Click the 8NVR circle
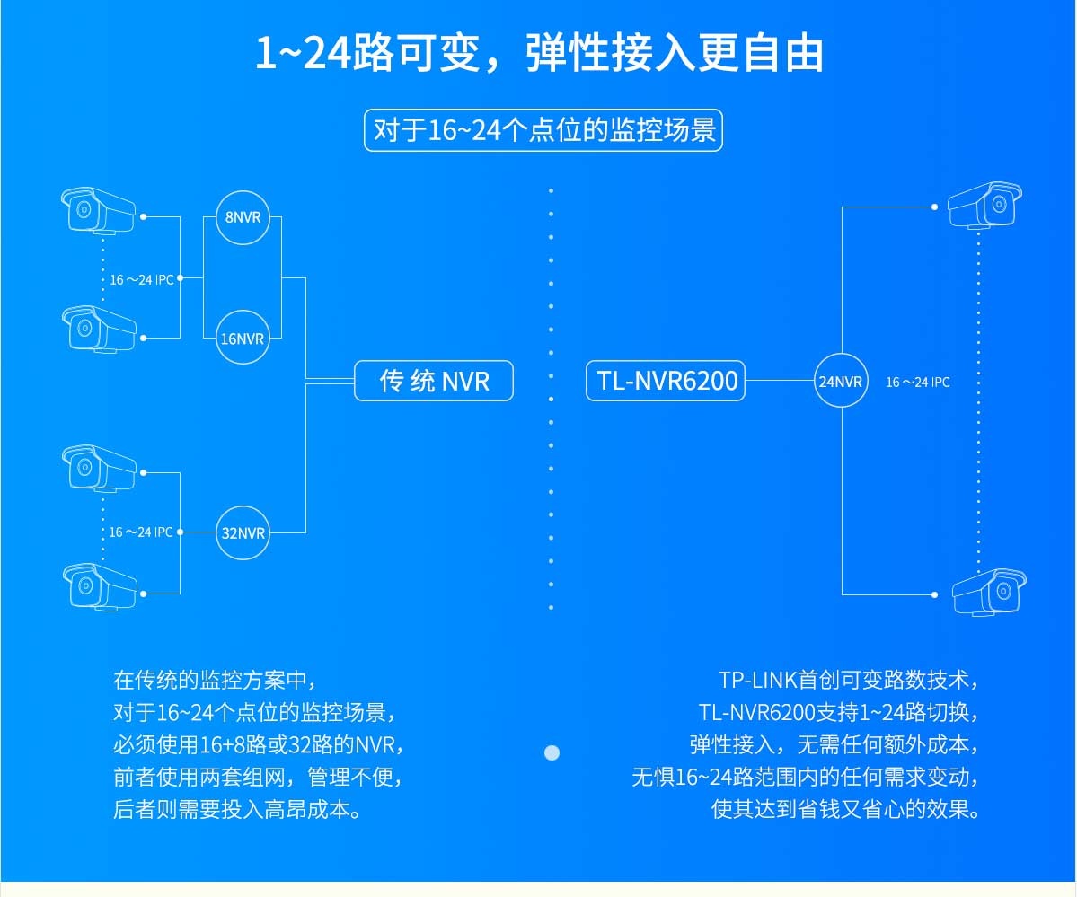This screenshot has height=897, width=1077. pos(243,216)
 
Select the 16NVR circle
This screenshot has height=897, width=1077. pos(243,339)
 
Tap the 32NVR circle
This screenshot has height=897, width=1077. pos(243,532)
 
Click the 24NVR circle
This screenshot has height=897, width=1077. pos(841,382)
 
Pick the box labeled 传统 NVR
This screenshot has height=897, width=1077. pos(434,381)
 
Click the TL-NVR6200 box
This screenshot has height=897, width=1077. pos(667,381)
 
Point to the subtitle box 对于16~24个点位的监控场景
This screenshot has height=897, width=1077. pos(543,130)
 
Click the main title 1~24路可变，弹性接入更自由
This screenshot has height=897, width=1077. pos(539,53)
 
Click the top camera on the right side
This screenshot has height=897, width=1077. pos(985,206)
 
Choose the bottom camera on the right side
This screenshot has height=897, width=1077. pos(988,591)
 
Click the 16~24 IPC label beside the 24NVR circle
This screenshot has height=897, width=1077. pos(917,383)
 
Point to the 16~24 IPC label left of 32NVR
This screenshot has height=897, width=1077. pos(141,532)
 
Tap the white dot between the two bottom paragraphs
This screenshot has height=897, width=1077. pos(552,752)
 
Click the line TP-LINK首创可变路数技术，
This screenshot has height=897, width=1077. pos(847,679)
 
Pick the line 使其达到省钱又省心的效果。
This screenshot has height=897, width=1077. pos(844,809)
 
